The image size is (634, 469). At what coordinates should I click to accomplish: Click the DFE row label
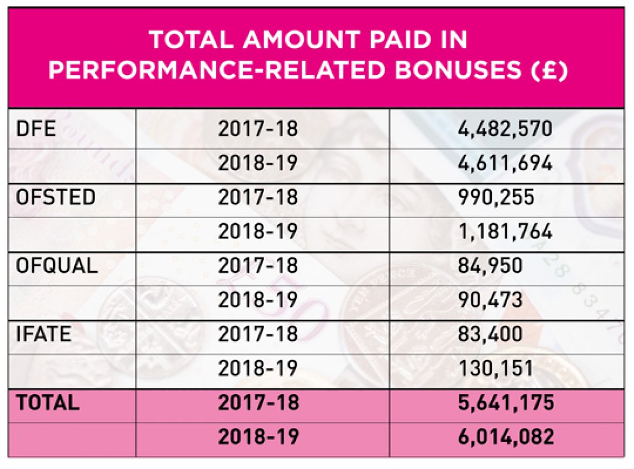[x=32, y=129]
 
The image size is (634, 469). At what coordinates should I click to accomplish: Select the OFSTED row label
[x=55, y=197]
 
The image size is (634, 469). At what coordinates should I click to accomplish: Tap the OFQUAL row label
[x=57, y=265]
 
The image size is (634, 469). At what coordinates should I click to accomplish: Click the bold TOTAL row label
[x=48, y=402]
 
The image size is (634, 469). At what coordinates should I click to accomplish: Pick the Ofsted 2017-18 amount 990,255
[x=496, y=197]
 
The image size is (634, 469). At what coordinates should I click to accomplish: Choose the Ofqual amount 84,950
[x=491, y=265]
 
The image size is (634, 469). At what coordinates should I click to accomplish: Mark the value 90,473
[x=491, y=299]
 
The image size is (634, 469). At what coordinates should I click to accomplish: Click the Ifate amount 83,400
[x=491, y=334]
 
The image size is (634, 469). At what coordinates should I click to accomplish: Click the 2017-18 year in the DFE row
[x=258, y=129]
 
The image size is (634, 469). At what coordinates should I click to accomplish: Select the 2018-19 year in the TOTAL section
[x=258, y=437]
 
